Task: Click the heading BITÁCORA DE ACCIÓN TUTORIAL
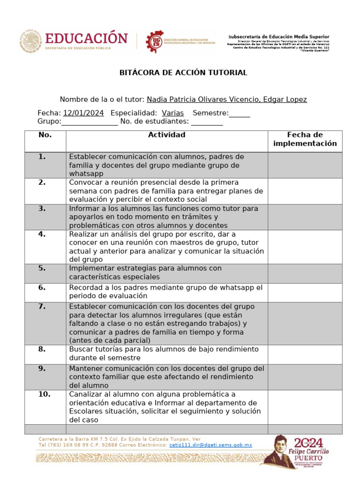183,73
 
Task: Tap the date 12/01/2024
83,113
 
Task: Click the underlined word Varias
172,113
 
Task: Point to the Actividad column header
166,135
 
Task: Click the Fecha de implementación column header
305,139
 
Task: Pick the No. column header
45,135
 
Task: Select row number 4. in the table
42,234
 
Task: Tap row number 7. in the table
42,307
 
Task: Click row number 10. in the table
44,394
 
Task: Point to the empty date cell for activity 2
305,191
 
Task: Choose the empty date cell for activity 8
305,354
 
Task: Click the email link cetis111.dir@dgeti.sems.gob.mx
210,445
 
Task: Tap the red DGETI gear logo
155,41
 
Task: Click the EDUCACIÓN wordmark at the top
86,38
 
